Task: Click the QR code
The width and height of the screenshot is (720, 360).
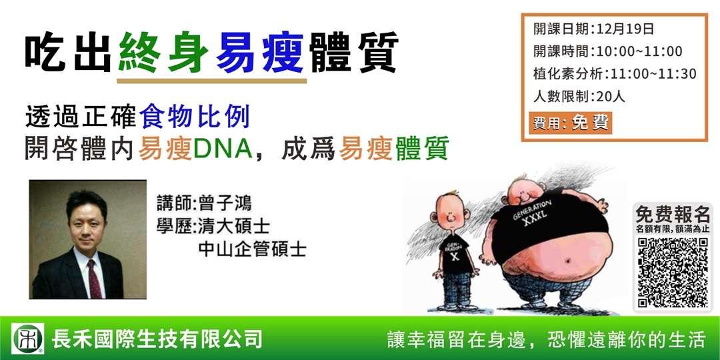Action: pyautogui.click(x=672, y=273)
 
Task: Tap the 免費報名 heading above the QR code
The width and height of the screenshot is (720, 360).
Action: pyautogui.click(x=672, y=215)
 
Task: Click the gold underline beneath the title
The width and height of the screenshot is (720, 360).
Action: pyautogui.click(x=211, y=81)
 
